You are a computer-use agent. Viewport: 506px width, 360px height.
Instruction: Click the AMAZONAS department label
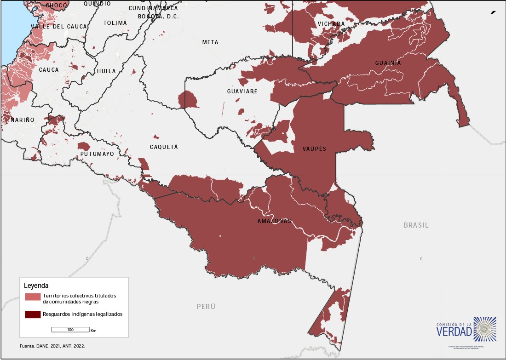coord(274,221)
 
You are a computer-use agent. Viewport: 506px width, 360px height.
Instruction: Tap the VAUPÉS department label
coord(314,149)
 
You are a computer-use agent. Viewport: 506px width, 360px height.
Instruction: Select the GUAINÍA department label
coord(388,63)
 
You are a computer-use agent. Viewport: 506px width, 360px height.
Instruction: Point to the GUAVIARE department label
coord(242,91)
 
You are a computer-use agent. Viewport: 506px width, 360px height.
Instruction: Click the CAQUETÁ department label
coord(163,147)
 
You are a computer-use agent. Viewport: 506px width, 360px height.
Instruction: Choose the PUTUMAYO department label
coord(97,154)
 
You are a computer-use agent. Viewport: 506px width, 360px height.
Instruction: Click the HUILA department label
coord(106,71)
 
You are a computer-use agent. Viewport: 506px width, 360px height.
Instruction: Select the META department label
coord(210,42)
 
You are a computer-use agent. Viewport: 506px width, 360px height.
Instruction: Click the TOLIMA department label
coord(115,23)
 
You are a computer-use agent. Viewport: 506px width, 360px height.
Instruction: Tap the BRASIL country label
coord(416,225)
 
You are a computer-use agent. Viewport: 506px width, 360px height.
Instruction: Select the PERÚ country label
coord(206,307)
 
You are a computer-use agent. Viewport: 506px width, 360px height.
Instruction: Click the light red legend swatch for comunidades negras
coord(33,297)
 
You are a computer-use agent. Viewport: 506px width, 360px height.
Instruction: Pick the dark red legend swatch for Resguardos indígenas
coord(33,314)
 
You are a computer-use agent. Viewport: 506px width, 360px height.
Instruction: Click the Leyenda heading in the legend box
coord(36,286)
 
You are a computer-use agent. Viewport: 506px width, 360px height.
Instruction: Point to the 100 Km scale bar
coord(70,330)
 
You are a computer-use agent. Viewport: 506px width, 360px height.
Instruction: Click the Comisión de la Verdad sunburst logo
coord(485,328)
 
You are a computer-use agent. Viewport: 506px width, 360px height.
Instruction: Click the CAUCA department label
coord(49,70)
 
